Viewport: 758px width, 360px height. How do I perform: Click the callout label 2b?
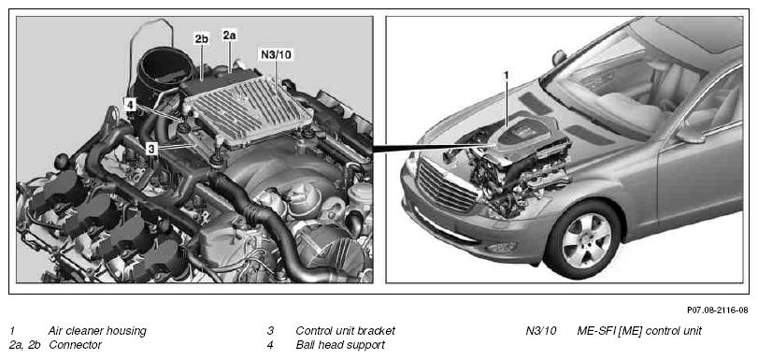click(202, 39)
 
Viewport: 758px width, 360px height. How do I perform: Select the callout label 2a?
click(229, 35)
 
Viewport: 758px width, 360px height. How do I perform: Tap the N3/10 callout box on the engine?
click(276, 54)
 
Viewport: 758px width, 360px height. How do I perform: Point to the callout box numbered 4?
click(130, 104)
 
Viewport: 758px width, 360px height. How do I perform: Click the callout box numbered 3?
click(151, 149)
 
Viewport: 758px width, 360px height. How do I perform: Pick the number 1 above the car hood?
click(507, 76)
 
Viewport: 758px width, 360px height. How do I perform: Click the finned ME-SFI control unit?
click(249, 108)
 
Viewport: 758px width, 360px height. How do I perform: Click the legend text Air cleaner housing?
click(96, 331)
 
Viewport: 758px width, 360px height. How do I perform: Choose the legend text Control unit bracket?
click(345, 331)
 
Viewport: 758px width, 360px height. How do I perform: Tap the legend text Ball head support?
click(340, 345)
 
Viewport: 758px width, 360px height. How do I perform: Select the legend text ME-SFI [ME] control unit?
click(639, 331)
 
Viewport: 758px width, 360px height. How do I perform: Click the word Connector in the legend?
click(76, 345)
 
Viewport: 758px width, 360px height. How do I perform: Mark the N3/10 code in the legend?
click(541, 331)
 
